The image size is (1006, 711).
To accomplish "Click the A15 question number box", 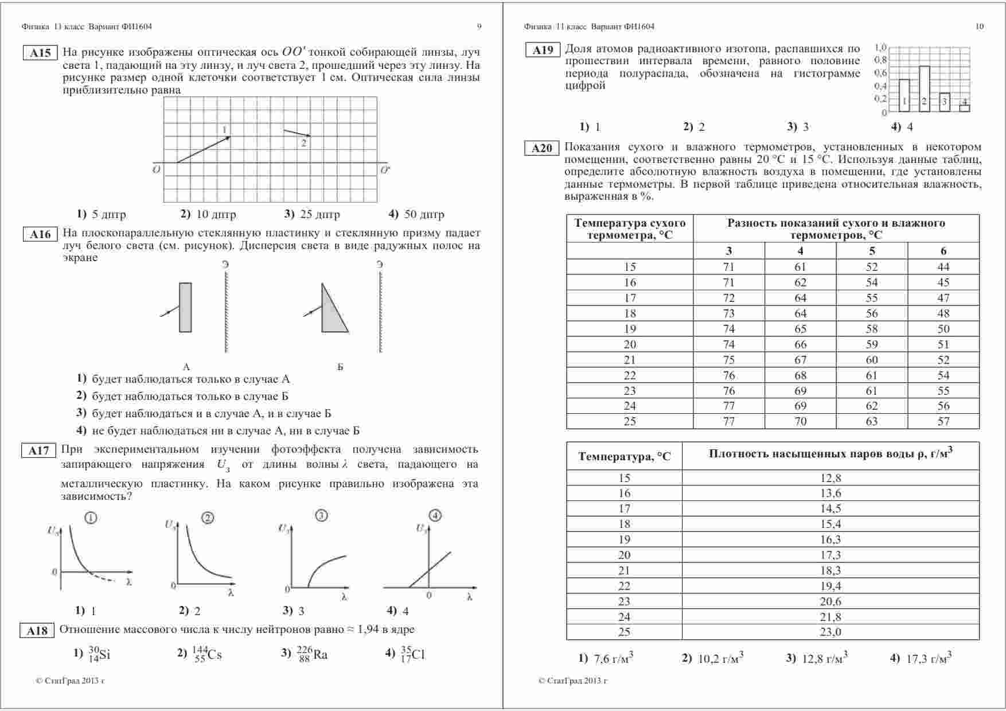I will (x=40, y=53).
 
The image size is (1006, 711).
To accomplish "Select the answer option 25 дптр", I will (x=312, y=215).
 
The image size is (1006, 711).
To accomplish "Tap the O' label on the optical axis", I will (x=385, y=170).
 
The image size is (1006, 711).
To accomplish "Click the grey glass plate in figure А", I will (x=185, y=307).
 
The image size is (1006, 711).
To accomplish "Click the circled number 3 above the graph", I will (x=322, y=515).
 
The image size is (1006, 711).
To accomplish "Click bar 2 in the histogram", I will (x=924, y=89).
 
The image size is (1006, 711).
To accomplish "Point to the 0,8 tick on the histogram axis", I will (x=880, y=60).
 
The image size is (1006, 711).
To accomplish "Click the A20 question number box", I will (x=541, y=149).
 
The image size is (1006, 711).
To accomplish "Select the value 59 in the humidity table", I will (x=872, y=344).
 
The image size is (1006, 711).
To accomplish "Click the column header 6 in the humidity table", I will (x=943, y=251).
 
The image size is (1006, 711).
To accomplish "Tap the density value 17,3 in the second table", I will (x=830, y=555).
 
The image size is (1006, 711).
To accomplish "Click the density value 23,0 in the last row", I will (x=830, y=632).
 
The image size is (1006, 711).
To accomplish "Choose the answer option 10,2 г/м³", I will (x=714, y=658).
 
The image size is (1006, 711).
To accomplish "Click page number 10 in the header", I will (x=979, y=26).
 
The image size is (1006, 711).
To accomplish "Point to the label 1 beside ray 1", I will (x=225, y=129).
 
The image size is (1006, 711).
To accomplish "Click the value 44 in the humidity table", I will (x=943, y=267).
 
